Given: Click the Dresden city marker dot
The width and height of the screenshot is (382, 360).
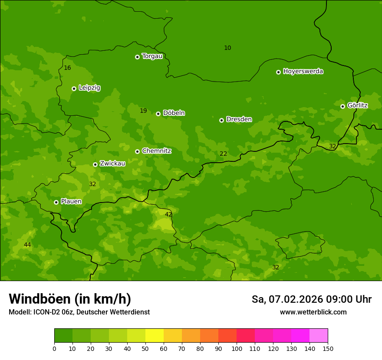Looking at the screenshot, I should point(221,120).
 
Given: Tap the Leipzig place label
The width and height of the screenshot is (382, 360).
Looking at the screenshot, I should point(89,88).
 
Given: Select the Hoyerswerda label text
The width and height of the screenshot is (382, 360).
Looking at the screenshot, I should point(303,72).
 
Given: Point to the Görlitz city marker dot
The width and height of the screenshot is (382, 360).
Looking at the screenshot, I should point(342,106).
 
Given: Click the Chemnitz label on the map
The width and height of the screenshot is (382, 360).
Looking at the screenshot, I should point(156,151).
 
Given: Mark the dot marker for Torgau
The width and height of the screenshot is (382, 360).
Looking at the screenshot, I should point(137,57).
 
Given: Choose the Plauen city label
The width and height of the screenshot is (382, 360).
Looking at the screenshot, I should point(71,202).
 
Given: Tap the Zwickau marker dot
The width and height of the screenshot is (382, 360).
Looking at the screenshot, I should point(95,164).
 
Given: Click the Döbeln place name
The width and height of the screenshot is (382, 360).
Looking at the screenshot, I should point(174,113).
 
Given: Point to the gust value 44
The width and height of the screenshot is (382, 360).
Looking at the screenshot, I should point(27,245).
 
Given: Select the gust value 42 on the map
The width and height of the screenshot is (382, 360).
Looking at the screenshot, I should point(168,215).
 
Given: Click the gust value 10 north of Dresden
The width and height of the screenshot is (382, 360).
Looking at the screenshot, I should point(227,48).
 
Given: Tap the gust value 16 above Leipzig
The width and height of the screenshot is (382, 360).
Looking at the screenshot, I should point(67,68).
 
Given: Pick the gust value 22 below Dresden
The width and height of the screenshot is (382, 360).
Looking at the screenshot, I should point(223,154).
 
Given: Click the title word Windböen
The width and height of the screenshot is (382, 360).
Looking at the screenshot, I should point(39,299).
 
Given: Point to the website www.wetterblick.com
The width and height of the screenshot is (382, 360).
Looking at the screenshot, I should point(313,312).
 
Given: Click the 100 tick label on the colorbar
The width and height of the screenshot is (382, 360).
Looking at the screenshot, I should point(237,348).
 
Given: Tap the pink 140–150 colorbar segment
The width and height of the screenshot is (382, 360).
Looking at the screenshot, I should point(319,336).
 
